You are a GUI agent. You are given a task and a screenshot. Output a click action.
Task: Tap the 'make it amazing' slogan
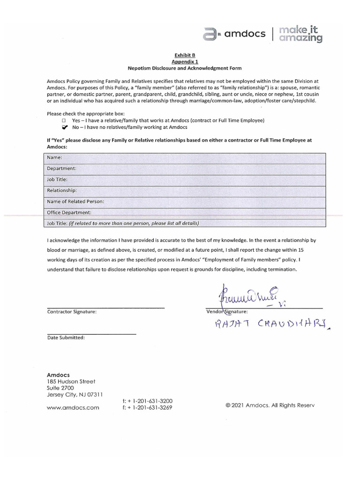tap(301, 34)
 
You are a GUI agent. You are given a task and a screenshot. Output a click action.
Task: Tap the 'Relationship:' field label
tap(62, 190)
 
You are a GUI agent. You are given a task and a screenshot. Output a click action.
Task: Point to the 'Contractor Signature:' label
tap(72, 312)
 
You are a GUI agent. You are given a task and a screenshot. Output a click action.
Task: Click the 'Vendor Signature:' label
tap(227, 312)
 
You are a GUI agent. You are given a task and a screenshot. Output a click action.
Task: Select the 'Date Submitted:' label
tap(66, 338)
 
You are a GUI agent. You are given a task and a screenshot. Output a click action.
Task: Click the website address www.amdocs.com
tap(73, 408)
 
